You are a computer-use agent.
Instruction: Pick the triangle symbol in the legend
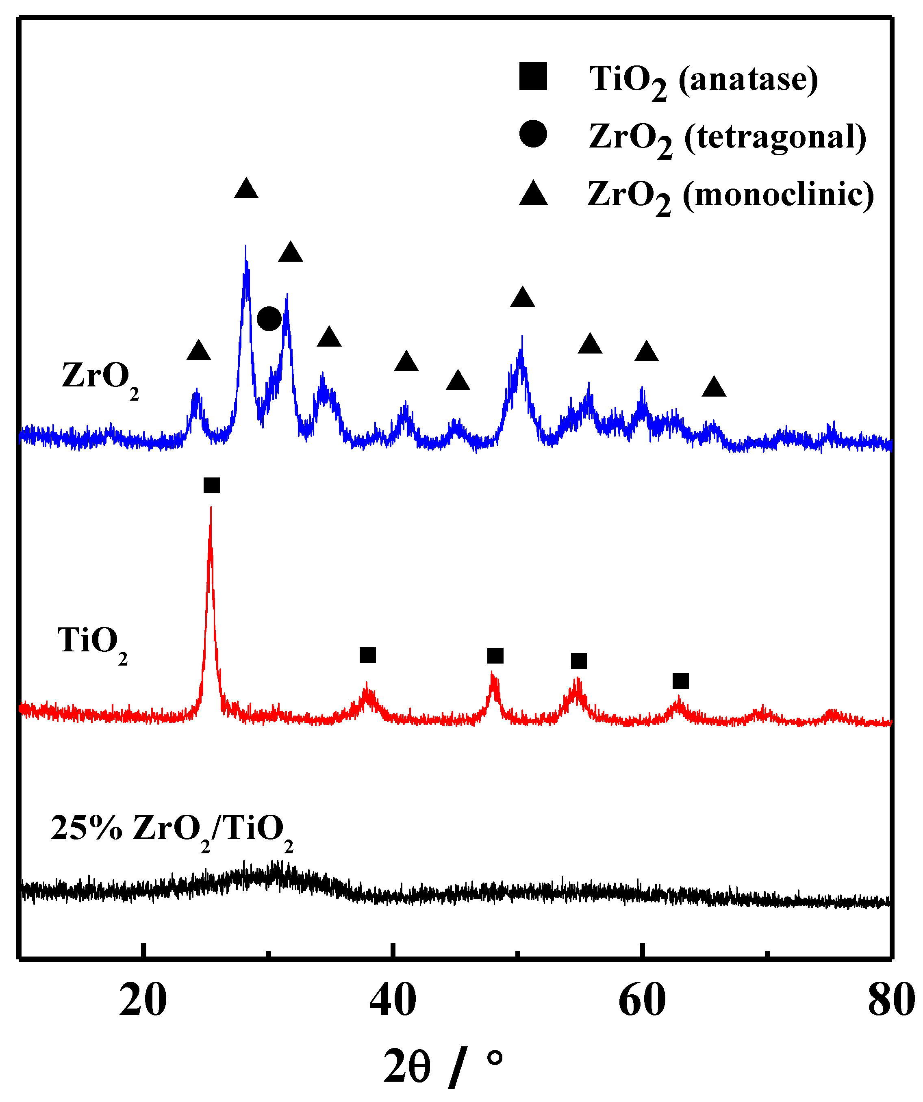coord(533,193)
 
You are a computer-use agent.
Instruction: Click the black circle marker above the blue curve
coord(269,319)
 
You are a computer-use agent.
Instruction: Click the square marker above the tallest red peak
coord(211,486)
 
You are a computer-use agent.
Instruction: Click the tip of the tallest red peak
coord(211,508)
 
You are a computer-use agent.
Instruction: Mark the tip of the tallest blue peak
coord(245,246)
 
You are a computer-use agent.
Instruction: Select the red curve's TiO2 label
coord(92,643)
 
